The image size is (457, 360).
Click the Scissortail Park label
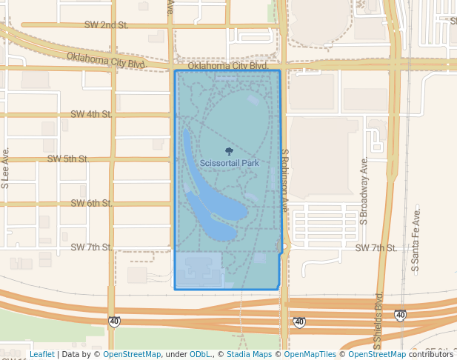229,163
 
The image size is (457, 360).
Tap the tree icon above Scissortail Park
228,151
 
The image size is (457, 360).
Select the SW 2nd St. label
106,25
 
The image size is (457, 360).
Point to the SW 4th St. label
91,114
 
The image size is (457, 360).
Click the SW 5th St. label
67,159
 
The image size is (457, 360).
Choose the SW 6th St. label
91,203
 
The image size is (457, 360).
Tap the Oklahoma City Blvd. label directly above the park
227,66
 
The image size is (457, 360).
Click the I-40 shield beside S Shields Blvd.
400,316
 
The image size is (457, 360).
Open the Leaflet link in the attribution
42,354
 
